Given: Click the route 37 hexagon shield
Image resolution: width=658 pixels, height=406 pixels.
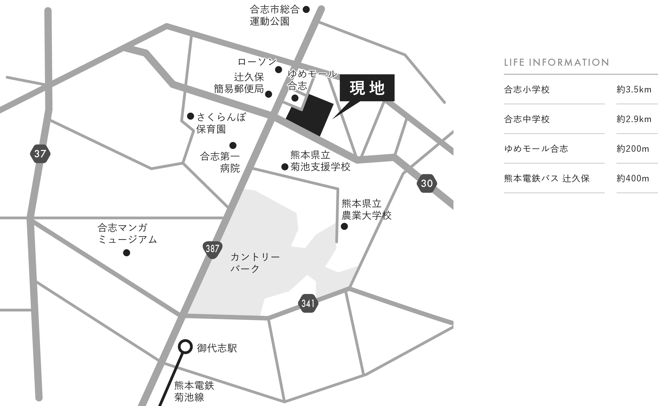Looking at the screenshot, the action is click(x=40, y=154).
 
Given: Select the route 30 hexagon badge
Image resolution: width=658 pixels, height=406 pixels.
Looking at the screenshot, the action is click(x=427, y=183).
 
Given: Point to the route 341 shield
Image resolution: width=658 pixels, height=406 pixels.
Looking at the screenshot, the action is click(x=308, y=303).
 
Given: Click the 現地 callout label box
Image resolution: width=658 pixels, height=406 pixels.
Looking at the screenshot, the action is click(x=367, y=88).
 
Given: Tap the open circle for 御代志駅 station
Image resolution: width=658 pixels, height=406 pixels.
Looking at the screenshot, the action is click(x=185, y=347).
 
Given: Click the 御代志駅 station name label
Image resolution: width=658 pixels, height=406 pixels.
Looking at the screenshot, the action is click(x=217, y=348).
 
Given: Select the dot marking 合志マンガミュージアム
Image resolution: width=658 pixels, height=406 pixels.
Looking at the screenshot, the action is click(x=127, y=253).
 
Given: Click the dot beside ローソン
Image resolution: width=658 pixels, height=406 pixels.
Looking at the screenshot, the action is click(x=279, y=70).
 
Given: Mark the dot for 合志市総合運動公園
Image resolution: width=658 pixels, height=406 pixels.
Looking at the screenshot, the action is click(x=306, y=9).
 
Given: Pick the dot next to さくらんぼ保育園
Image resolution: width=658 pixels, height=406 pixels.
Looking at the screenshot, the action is click(x=191, y=116).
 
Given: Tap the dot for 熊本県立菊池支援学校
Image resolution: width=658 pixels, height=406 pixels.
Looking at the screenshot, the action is click(x=285, y=167).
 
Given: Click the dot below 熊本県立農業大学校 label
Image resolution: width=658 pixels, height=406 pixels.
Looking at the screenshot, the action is click(x=344, y=227).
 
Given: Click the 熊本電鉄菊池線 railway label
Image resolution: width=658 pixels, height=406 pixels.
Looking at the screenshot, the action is click(x=194, y=391).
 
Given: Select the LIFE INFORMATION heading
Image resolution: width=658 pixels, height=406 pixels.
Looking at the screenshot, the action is click(x=557, y=63).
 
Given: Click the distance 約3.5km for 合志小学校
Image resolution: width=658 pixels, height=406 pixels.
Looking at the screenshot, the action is click(x=634, y=90).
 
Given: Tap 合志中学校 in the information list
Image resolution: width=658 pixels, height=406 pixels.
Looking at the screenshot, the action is click(x=527, y=119).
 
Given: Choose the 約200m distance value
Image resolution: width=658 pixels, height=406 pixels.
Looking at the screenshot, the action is click(x=633, y=149).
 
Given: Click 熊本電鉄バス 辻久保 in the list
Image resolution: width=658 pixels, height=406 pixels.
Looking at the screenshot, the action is click(x=547, y=178).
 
